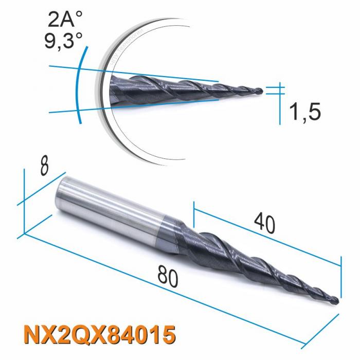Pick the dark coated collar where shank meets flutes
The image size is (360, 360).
[x=170, y=234]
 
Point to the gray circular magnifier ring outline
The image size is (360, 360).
[x=105, y=129]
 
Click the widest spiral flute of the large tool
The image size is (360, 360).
[x=206, y=247]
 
